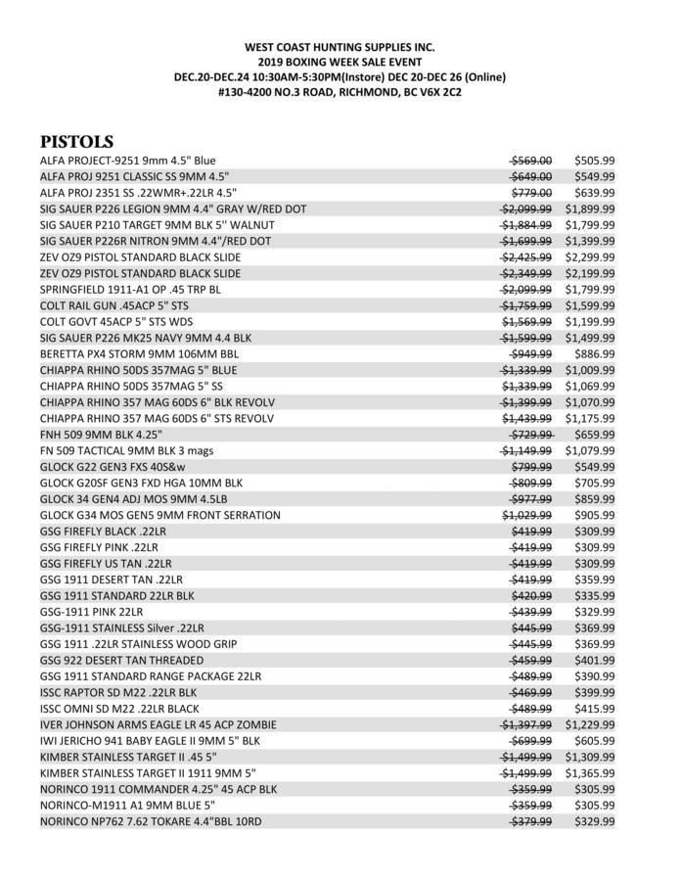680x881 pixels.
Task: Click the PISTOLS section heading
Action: click(76, 142)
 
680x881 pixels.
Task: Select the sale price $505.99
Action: click(589, 161)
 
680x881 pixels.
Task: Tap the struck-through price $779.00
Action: click(531, 193)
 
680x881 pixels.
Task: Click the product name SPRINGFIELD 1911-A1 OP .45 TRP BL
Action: click(130, 290)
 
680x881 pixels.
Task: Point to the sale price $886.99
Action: click(589, 353)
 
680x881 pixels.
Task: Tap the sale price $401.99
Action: click(589, 660)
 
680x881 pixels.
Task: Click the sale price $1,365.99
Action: click(589, 772)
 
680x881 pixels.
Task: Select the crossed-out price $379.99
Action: click(531, 820)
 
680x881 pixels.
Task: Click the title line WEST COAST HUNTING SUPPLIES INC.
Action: click(340, 47)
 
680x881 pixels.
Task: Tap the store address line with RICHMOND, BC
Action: click(340, 92)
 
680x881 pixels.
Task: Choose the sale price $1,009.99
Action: click(589, 370)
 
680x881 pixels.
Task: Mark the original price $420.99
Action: click(531, 595)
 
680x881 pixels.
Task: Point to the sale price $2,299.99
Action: click(589, 257)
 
